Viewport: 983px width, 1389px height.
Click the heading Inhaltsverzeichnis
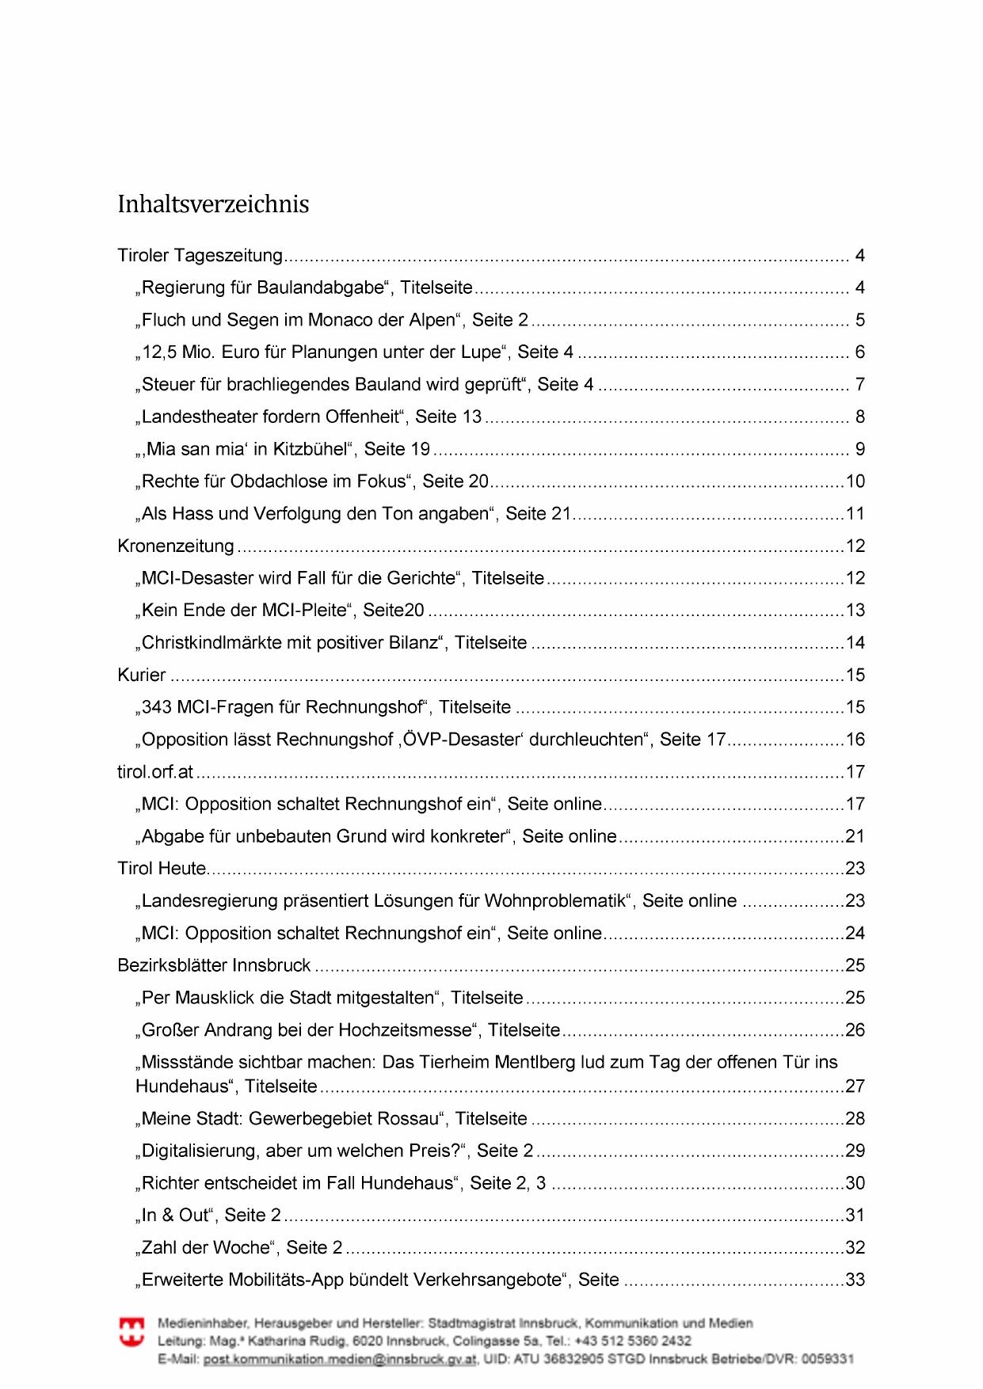point(213,204)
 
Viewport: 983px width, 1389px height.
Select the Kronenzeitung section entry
point(176,546)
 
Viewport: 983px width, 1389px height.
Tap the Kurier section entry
point(142,675)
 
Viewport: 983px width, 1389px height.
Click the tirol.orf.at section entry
point(155,771)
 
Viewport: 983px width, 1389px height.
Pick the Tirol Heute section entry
point(162,868)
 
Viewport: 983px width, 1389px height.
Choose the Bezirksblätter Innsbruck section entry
point(214,965)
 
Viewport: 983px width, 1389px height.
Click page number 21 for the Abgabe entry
point(855,836)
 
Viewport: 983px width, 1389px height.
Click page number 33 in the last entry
point(855,1280)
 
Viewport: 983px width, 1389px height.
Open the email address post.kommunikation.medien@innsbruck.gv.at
point(340,1359)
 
